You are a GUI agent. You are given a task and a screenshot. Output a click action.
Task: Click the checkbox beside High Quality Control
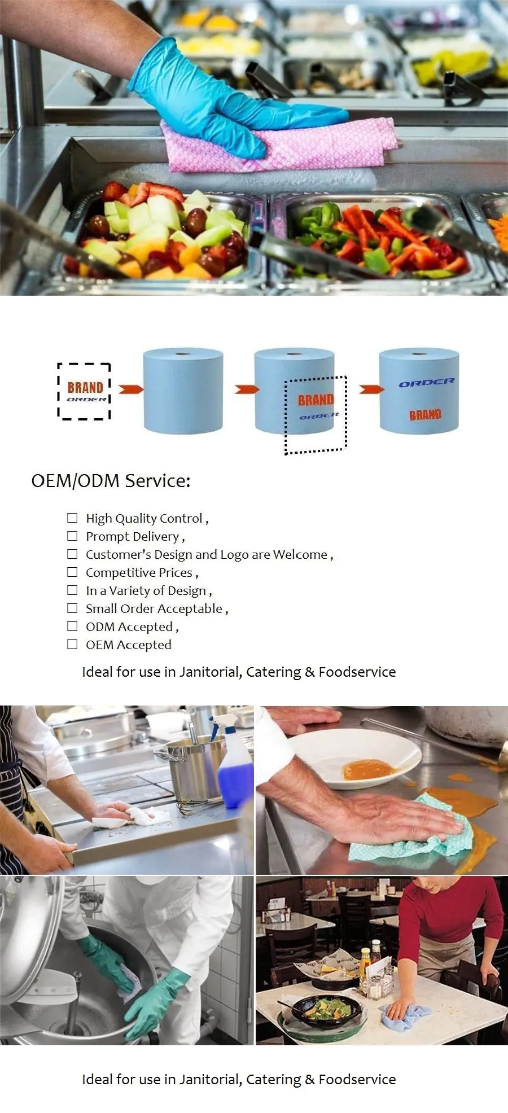click(72, 518)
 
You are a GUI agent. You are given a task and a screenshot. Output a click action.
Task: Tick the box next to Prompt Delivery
click(72, 536)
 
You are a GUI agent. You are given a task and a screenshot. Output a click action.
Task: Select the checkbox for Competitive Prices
click(72, 572)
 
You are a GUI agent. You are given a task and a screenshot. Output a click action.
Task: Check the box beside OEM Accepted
click(72, 644)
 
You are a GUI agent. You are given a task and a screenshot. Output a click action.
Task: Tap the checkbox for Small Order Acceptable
click(72, 608)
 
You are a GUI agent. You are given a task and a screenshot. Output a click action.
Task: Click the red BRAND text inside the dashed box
click(85, 387)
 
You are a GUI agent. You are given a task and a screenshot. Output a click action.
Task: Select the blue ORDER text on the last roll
click(426, 383)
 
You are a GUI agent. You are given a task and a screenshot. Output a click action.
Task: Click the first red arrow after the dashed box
click(131, 389)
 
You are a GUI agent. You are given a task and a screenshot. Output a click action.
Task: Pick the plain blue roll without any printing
click(183, 391)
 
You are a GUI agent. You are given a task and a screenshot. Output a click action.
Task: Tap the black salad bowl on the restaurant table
click(323, 1009)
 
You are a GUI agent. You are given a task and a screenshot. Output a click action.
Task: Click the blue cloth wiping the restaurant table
click(405, 1016)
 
